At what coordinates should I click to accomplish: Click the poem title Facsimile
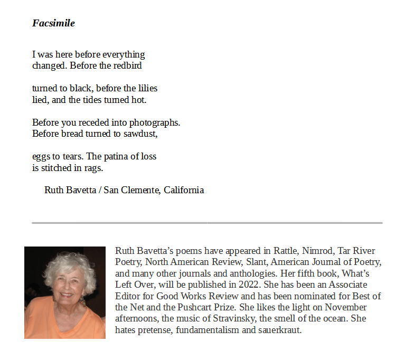(x=53, y=23)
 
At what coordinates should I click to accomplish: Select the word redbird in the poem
(x=128, y=66)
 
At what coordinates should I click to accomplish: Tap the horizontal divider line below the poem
(x=207, y=223)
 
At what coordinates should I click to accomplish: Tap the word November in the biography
(x=346, y=307)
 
